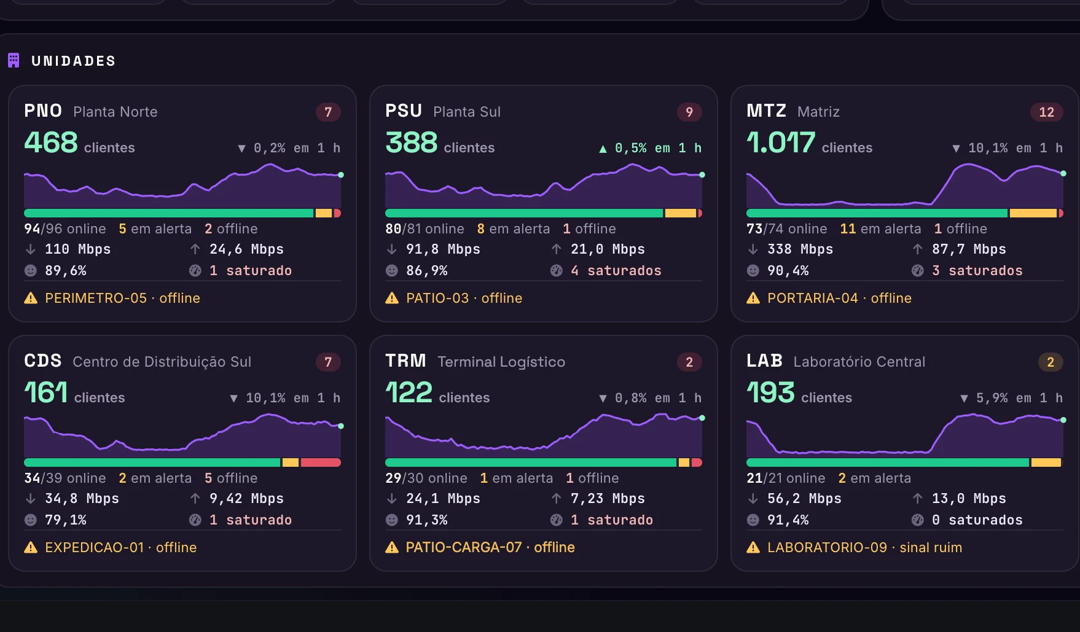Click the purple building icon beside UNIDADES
(x=14, y=60)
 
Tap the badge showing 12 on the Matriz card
(x=1046, y=112)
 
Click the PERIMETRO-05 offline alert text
(x=122, y=298)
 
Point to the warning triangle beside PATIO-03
(x=392, y=298)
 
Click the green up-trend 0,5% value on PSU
(x=630, y=148)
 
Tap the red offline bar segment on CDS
(x=321, y=462)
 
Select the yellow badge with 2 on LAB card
(x=1051, y=362)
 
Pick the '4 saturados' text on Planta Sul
(x=616, y=270)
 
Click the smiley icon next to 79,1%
(x=31, y=520)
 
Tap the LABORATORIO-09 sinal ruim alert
(x=864, y=547)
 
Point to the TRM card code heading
(x=405, y=361)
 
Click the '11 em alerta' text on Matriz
(x=880, y=228)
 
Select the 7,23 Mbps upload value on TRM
(x=608, y=499)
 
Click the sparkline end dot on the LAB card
(x=1063, y=420)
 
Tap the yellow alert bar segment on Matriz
(x=1033, y=213)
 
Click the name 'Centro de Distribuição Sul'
(x=162, y=362)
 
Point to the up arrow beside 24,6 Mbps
(x=195, y=249)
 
